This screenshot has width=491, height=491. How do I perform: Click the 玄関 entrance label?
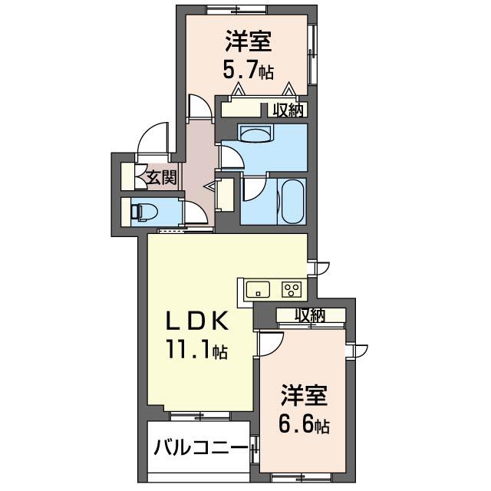(x=162, y=177)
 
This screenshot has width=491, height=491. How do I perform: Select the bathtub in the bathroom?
(x=293, y=203)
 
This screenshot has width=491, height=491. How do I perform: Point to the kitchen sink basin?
(x=258, y=289)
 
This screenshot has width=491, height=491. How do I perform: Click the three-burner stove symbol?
(x=292, y=289)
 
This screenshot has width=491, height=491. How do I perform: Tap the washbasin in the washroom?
(x=256, y=133)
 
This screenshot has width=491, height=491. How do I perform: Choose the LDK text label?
(x=196, y=321)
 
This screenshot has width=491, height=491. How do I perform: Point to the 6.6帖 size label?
(x=304, y=424)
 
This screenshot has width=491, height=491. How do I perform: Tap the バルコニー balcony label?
(x=201, y=448)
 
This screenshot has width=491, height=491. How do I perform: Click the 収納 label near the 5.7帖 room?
(x=288, y=110)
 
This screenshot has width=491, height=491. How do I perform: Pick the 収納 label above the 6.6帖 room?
(x=310, y=315)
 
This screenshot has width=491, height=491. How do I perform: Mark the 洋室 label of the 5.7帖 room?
(x=248, y=41)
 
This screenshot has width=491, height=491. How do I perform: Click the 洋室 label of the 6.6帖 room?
(x=305, y=395)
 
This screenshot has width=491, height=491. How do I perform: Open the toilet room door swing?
(x=195, y=213)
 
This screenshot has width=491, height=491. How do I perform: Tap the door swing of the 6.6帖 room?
(x=271, y=344)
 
